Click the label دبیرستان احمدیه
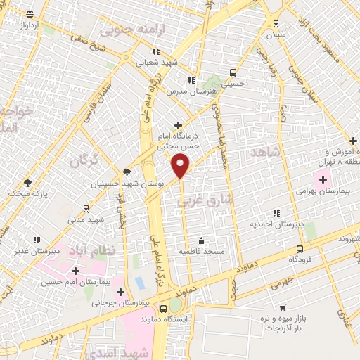click(277, 224)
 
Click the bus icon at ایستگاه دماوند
click(163, 309)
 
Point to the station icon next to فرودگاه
click(300, 248)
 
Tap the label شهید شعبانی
click(156, 62)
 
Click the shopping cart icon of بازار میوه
click(283, 307)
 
